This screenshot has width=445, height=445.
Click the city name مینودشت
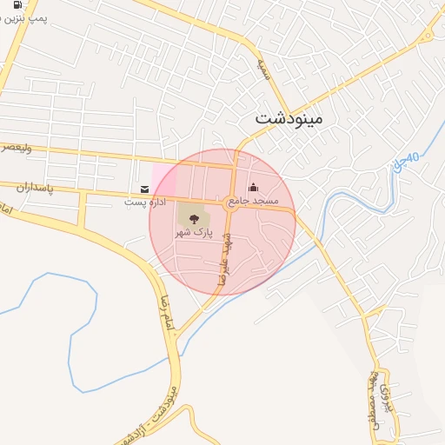(x=289, y=117)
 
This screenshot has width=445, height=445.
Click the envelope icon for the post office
(x=144, y=189)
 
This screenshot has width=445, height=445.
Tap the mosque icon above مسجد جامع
(x=253, y=187)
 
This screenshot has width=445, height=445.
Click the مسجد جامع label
(x=260, y=201)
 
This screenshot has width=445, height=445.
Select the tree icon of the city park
(x=192, y=218)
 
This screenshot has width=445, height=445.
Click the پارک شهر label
(x=192, y=233)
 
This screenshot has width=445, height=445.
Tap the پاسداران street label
(x=35, y=186)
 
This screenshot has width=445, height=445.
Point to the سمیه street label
(x=262, y=68)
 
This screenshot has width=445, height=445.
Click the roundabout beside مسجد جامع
(x=232, y=202)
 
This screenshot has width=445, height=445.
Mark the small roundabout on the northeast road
(x=427, y=37)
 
